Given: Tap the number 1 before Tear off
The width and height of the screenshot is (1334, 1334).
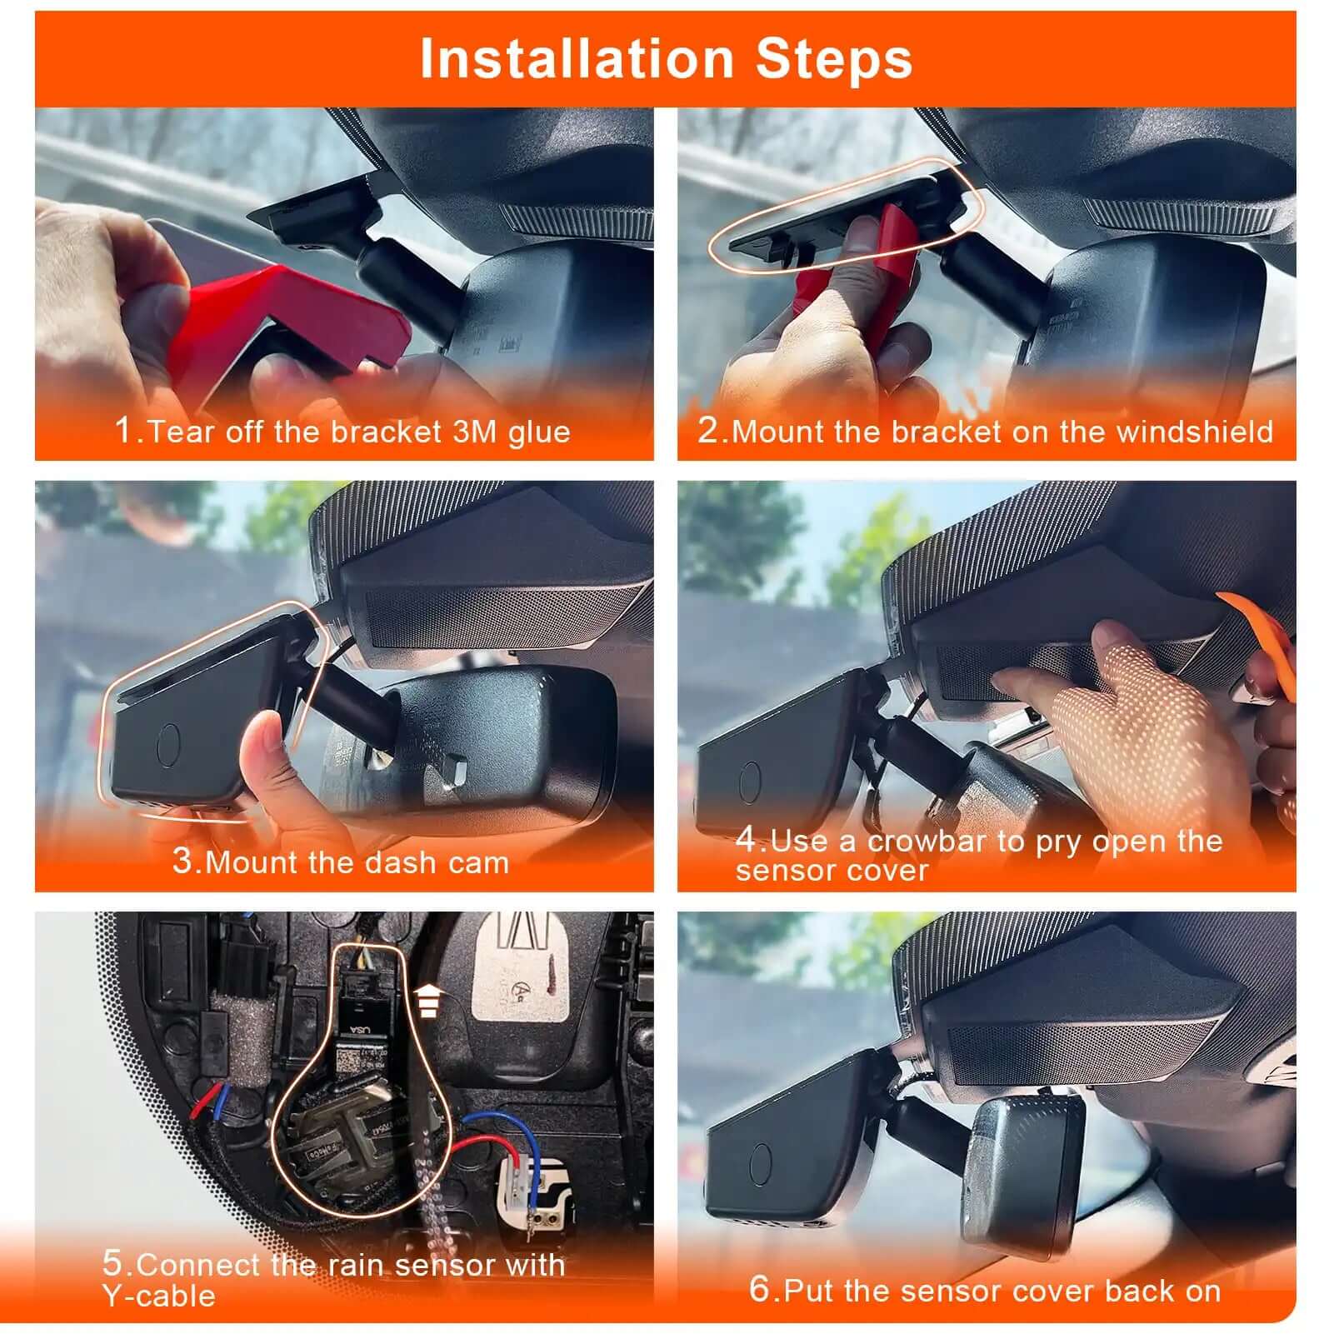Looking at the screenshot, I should coord(123,431).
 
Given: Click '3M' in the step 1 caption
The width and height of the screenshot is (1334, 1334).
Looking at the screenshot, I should coord(475,432).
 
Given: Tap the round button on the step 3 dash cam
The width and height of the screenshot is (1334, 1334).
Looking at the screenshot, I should coord(169,744).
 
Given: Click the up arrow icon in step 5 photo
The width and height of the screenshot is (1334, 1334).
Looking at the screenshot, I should coord(427,1000).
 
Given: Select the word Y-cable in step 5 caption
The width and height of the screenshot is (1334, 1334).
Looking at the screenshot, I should coord(159,1297).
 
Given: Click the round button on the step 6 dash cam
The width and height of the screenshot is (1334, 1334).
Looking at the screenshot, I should coord(760,1163).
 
